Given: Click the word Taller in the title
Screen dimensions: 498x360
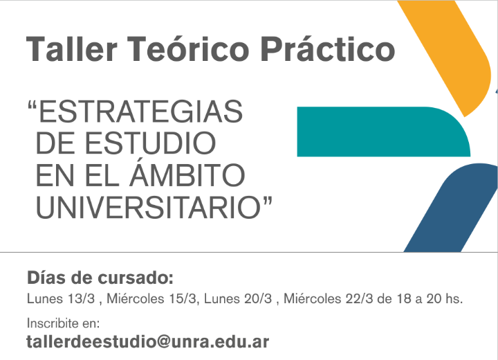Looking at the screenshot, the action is coord(72,48).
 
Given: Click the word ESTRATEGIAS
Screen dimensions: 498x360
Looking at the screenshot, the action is coord(140,111).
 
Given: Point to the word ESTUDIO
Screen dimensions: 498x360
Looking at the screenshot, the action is coord(150,143).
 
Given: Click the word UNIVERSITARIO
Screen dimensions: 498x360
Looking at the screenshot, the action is coord(148,208).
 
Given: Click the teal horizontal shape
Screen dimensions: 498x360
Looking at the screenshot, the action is coord(381,132).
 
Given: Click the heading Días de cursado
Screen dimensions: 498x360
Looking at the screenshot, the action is coord(100,278).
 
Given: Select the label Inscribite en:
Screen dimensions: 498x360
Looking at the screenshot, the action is coord(63,323).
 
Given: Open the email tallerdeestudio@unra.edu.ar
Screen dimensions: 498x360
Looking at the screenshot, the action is coord(148,342).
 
